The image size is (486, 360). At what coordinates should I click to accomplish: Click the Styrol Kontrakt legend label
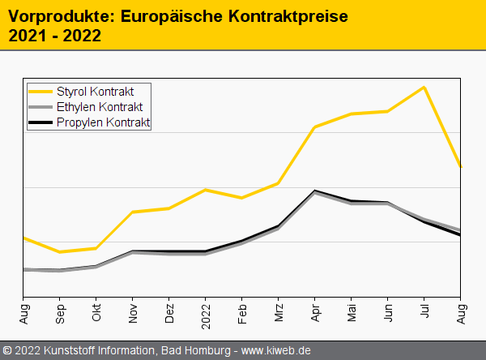tap(95, 91)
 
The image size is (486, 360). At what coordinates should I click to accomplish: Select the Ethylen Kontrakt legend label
tap(100, 107)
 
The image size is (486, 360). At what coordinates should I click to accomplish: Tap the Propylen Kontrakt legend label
tap(103, 122)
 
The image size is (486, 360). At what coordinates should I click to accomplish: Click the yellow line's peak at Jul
tap(424, 87)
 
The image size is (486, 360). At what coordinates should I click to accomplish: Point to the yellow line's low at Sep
tap(60, 252)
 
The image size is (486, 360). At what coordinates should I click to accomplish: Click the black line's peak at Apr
tap(314, 191)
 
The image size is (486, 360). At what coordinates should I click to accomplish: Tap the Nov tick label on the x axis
tap(133, 312)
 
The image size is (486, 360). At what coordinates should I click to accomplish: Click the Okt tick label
tap(96, 311)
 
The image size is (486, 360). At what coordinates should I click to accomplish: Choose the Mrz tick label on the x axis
tap(279, 311)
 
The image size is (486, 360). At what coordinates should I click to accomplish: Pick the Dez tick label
tap(169, 311)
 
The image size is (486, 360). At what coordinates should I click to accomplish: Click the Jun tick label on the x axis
tap(388, 311)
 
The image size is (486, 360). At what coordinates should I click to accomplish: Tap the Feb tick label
tap(242, 311)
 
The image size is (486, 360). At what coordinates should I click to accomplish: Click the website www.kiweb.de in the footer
tap(276, 350)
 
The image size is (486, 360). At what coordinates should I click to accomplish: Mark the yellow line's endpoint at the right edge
tap(461, 167)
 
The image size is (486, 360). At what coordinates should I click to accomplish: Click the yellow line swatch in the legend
tap(40, 91)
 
